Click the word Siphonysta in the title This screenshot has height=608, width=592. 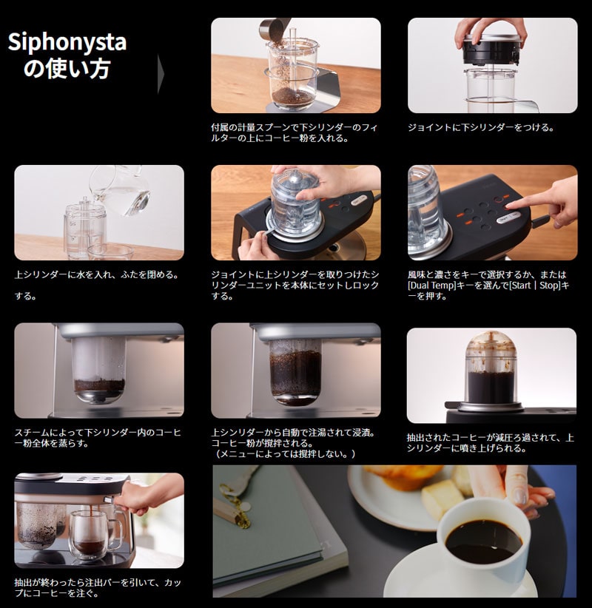coord(67,43)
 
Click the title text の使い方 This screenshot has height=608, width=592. coord(67,70)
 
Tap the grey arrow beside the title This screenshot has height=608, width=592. coord(161,73)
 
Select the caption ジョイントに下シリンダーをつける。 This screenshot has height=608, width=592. coord(481,127)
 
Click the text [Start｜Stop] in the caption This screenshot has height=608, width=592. coord(534,286)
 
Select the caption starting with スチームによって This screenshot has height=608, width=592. coord(98,437)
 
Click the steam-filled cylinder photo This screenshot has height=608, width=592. coord(99,370)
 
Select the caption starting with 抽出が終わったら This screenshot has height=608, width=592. coord(98,587)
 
